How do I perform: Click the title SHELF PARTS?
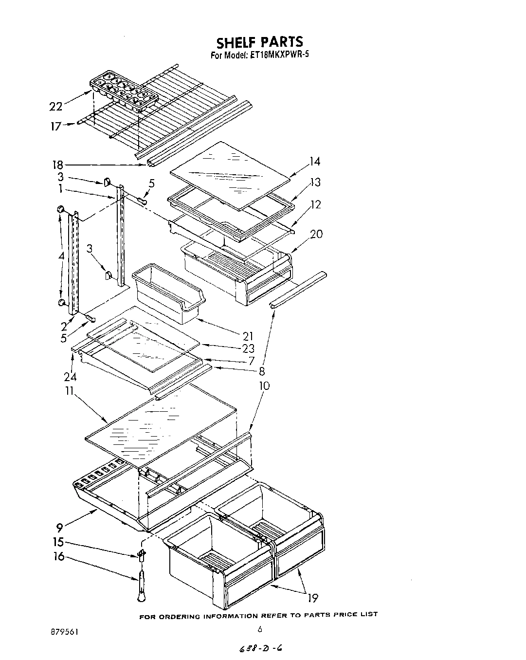259,42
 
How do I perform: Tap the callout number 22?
56,106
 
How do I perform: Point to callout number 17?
56,127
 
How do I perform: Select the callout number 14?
314,162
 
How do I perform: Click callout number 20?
316,234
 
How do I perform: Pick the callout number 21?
248,336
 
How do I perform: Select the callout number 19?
313,598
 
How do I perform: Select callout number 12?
316,204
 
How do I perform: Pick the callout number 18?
57,165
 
